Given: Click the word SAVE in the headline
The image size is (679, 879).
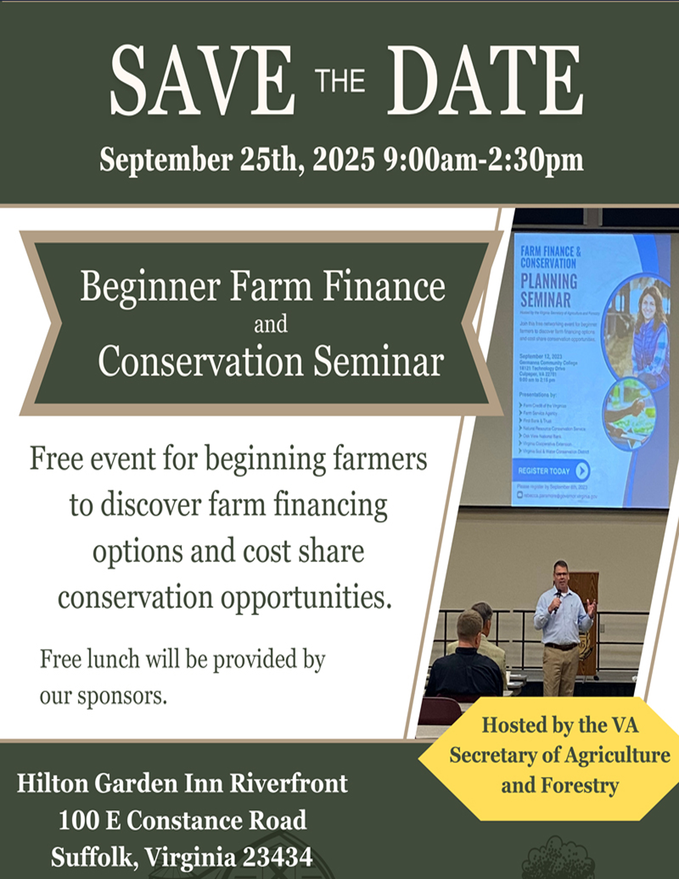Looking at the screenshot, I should (202, 80).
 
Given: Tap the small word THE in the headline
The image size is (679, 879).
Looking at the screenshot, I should (341, 81).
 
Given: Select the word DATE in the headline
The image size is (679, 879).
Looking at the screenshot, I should (485, 80).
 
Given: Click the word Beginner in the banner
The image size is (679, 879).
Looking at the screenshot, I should (150, 287).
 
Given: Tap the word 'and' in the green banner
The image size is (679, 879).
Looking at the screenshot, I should (271, 324).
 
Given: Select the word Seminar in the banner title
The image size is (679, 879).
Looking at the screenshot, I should (378, 361).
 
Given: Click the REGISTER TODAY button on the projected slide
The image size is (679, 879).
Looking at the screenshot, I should (553, 471).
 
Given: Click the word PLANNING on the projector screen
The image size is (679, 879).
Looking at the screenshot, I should (548, 281).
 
